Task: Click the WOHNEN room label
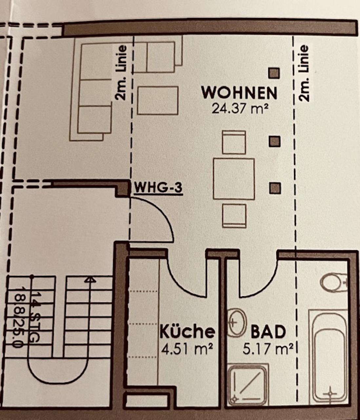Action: click(239, 93)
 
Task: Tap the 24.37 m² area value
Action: click(240, 109)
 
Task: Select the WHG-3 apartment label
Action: click(158, 188)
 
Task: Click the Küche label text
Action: click(187, 332)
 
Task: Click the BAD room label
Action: click(268, 332)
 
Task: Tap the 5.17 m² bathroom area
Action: click(268, 349)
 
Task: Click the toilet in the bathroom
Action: click(333, 282)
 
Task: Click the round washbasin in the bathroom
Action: click(236, 322)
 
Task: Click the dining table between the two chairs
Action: click(234, 179)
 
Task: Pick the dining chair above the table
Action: click(234, 142)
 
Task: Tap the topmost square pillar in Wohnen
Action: click(274, 73)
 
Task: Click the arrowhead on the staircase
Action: click(90, 280)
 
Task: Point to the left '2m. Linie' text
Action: click(121, 73)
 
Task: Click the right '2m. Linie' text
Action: click(304, 73)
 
